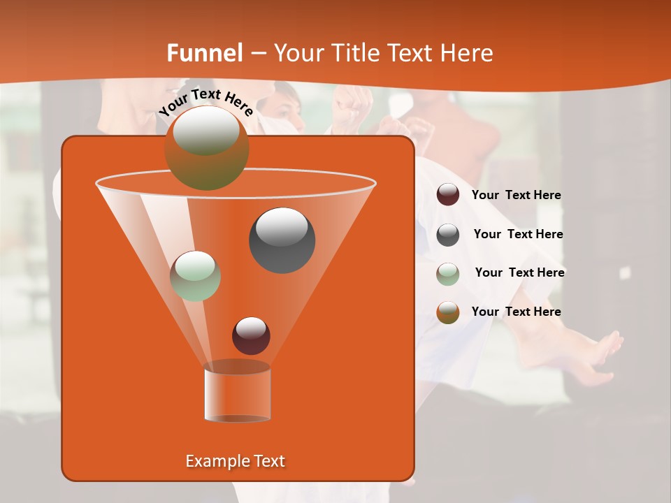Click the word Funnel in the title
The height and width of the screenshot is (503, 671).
pos(205,53)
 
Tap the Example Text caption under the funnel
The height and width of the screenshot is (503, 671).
pos(235,461)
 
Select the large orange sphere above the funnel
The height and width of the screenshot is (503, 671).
pos(206,148)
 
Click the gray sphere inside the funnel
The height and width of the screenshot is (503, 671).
pos(282,240)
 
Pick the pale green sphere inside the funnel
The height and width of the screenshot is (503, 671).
pos(195,276)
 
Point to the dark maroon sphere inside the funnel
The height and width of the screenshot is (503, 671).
pos(251,335)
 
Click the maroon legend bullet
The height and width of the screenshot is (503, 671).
pos(448,195)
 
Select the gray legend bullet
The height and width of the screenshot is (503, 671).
pos(448,235)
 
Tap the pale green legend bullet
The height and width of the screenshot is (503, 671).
pos(448,273)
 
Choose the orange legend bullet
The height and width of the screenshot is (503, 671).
pos(448,312)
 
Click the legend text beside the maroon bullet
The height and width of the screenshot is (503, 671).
pos(516,196)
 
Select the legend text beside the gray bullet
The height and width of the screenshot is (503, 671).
pos(518,235)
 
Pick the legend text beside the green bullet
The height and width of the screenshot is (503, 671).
pos(519,273)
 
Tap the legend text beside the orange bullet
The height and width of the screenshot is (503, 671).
pos(516,312)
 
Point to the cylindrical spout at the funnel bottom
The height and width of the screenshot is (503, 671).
pos(237,393)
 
